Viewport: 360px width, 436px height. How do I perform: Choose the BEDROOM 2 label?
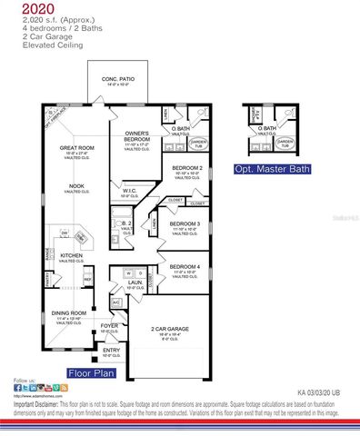[x=186, y=168]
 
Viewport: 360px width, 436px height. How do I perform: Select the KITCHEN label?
[x=72, y=256]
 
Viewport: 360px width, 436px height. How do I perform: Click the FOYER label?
[x=110, y=325]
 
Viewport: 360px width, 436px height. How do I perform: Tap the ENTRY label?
[x=111, y=350]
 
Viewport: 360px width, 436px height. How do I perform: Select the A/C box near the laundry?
[x=116, y=302]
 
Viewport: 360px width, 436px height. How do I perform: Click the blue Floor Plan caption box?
[x=91, y=372]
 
